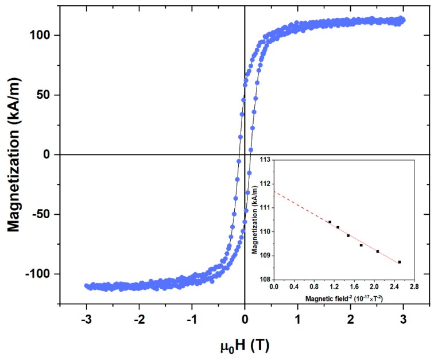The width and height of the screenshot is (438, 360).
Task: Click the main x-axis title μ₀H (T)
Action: tap(245, 346)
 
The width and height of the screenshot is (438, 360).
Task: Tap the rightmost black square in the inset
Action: tap(399, 262)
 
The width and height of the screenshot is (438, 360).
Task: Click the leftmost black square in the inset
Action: tap(330, 222)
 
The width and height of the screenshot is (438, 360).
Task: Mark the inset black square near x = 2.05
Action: tap(377, 251)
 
